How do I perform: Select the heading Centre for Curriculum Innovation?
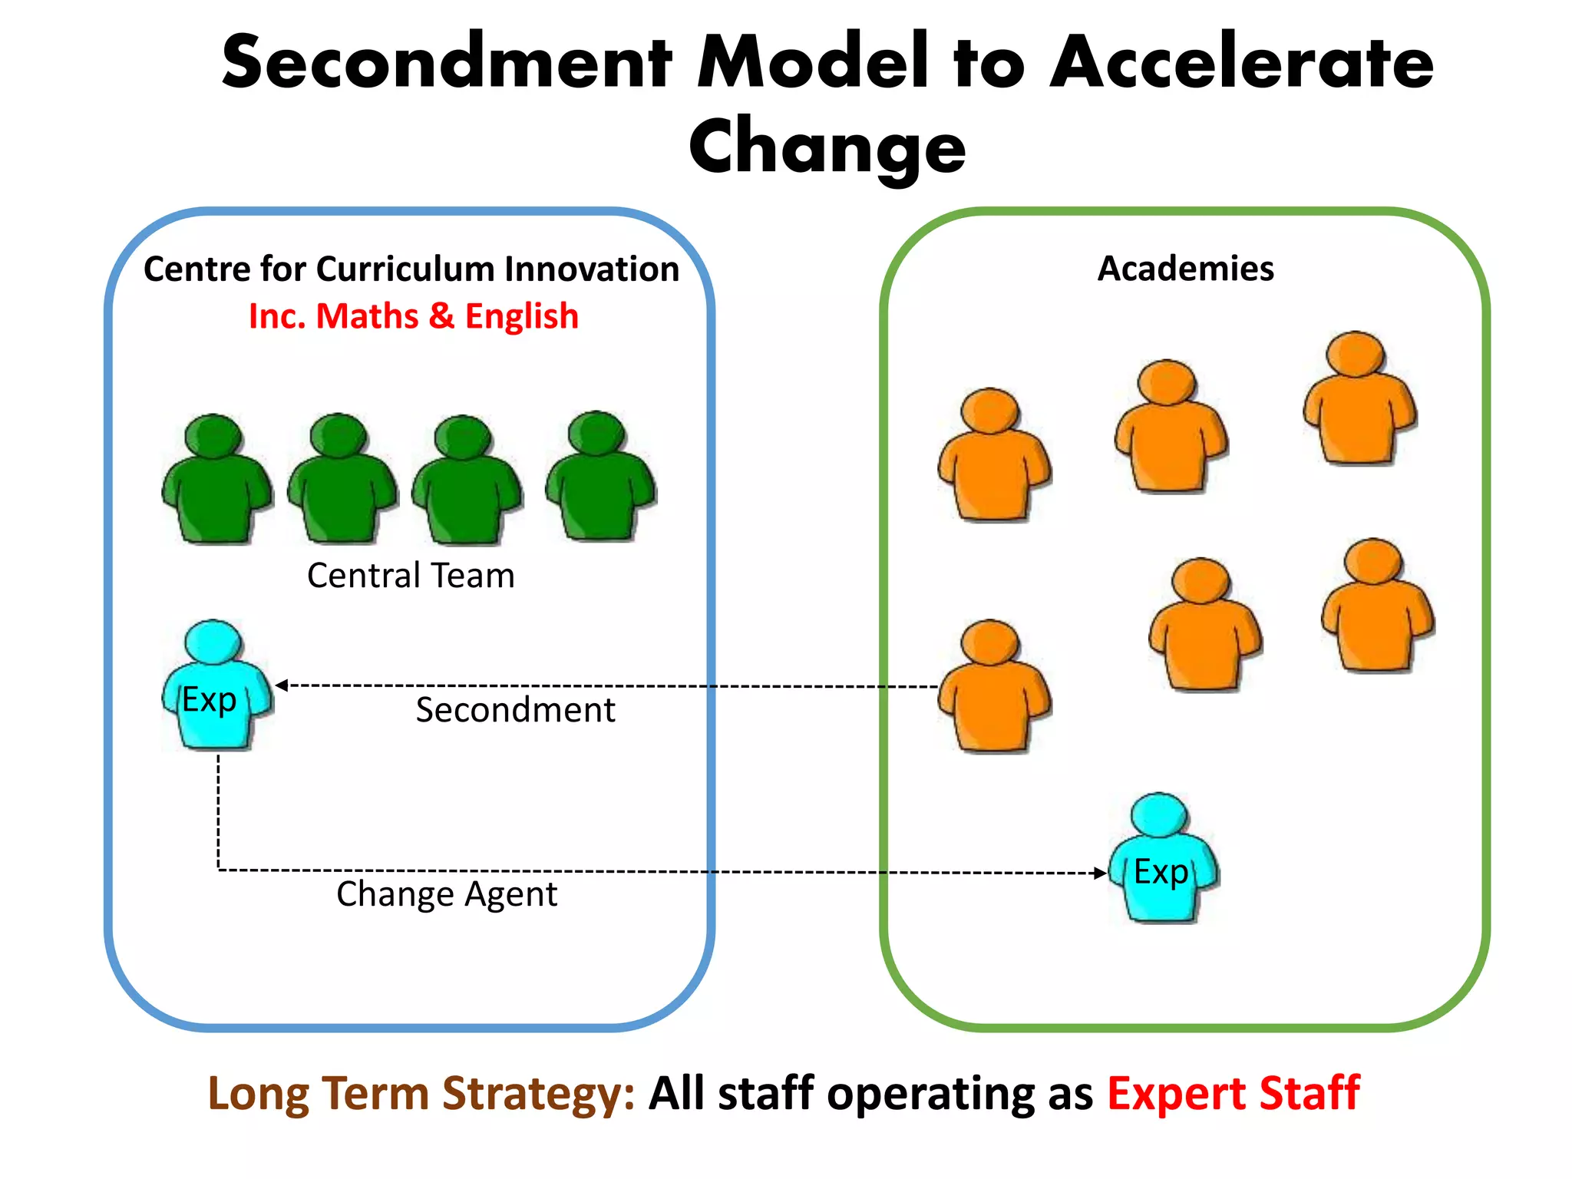tap(411, 269)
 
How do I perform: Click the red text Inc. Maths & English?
tap(414, 316)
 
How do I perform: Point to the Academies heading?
tap(1185, 269)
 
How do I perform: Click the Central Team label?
tap(411, 576)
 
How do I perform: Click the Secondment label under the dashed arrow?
tap(515, 710)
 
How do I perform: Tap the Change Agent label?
tap(447, 894)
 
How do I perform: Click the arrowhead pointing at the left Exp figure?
tap(282, 685)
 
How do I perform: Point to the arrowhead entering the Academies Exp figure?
tap(1100, 873)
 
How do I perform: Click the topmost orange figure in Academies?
tap(1359, 399)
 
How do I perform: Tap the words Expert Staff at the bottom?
tap(1233, 1093)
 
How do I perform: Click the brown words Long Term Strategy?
tap(421, 1093)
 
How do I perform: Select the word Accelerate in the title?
tap(1241, 63)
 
